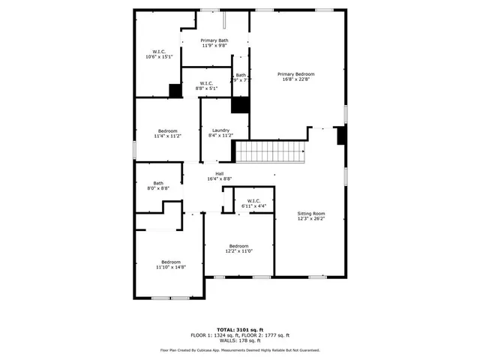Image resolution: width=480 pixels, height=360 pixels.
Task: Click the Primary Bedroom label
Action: coord(295,73)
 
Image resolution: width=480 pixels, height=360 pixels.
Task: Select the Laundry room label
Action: coord(220,130)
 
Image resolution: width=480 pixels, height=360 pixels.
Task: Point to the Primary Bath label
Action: coord(214,40)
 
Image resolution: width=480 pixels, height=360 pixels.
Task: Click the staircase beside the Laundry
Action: coord(272,153)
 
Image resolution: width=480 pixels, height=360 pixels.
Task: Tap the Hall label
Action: coord(220,173)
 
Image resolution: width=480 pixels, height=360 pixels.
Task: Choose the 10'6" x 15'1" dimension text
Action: coord(159,57)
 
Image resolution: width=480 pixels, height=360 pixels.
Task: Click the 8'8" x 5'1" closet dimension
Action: coord(206,88)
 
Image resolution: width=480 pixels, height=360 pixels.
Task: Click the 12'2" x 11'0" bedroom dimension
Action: coord(238,251)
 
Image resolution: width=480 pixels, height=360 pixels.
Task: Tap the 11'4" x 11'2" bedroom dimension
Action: coord(167,136)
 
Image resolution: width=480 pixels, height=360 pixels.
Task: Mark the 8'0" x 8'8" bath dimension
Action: coord(158,188)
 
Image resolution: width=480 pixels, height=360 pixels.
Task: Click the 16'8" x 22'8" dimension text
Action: coord(295,79)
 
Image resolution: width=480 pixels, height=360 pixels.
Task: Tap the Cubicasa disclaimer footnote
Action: coord(240,350)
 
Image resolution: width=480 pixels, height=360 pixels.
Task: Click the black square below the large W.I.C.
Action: coord(175,90)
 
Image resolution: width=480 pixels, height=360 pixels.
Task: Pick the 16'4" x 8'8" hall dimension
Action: coord(220,178)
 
